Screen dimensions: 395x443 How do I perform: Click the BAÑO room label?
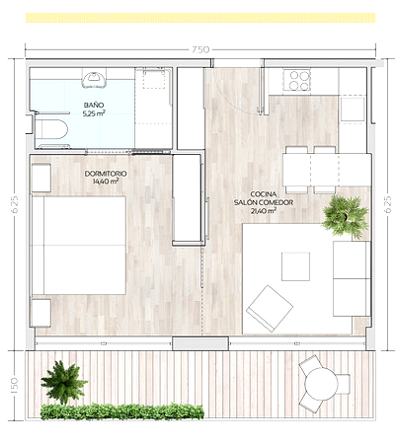[94, 106]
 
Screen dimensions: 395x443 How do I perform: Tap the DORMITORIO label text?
[106, 174]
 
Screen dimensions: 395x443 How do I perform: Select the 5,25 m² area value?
[94, 113]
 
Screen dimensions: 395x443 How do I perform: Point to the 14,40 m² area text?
[106, 182]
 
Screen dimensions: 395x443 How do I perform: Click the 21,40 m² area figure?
[264, 211]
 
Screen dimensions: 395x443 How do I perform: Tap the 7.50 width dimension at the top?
[200, 49]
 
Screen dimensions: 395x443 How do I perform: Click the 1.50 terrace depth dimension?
[14, 385]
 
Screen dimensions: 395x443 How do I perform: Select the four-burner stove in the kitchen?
[296, 80]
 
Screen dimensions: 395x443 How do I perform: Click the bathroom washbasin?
[94, 80]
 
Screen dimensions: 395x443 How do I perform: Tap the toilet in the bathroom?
[51, 129]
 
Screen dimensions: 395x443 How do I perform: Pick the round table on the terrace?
[321, 384]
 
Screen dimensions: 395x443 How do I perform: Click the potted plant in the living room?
[346, 217]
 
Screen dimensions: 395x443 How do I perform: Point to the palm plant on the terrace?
[64, 382]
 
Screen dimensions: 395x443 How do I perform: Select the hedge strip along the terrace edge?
[122, 411]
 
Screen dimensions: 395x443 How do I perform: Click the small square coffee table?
[295, 266]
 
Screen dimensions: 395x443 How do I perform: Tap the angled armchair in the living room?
[270, 309]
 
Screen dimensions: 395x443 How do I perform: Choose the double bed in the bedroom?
[78, 246]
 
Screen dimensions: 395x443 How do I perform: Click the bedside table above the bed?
[40, 178]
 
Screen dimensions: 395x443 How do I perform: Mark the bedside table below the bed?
[40, 313]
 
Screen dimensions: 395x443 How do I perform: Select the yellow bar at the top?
[200, 18]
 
